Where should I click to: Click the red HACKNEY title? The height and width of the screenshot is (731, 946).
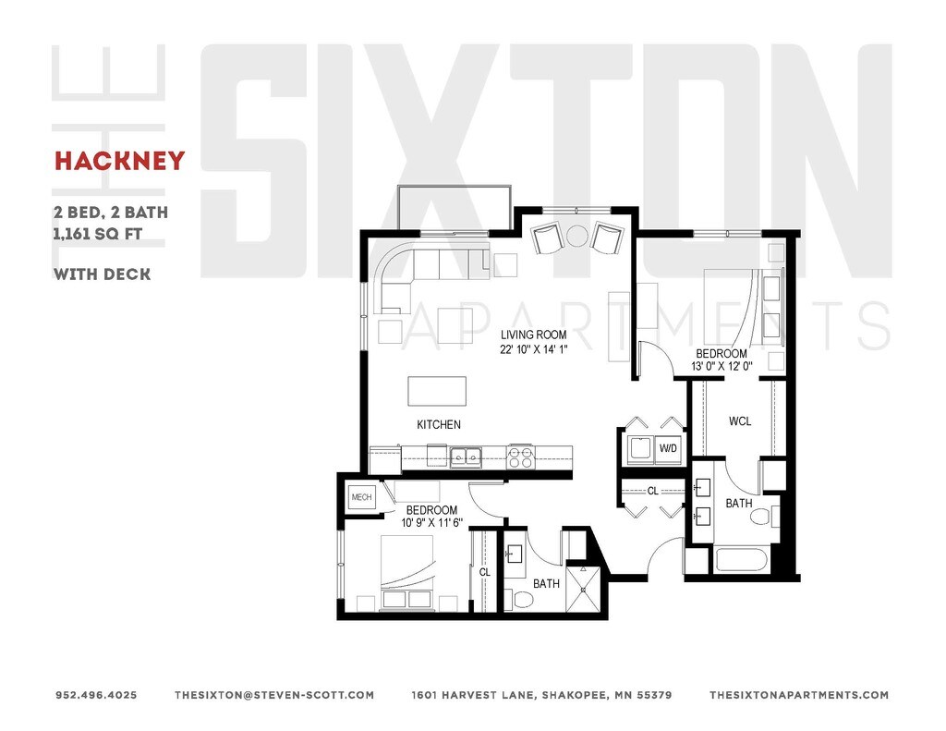119,161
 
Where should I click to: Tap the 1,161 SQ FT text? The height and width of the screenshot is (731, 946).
97,234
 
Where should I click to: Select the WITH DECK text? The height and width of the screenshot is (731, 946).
102,274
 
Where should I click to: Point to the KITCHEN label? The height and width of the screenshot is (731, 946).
438,424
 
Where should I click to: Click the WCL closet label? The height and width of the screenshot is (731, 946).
740,421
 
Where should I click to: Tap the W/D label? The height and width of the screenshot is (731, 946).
667,449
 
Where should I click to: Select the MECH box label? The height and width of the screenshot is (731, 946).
361,497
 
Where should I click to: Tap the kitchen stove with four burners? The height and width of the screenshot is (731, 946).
520,457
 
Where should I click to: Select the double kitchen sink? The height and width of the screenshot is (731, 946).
465,456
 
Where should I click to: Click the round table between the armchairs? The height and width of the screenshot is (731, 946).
577,235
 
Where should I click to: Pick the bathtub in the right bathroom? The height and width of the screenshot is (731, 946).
741,561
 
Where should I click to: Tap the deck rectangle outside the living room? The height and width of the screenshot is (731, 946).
454,206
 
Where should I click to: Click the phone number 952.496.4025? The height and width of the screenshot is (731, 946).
96,695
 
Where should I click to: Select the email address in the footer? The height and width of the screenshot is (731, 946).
274,695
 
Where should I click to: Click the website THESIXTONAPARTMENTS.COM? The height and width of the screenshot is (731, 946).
799,695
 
